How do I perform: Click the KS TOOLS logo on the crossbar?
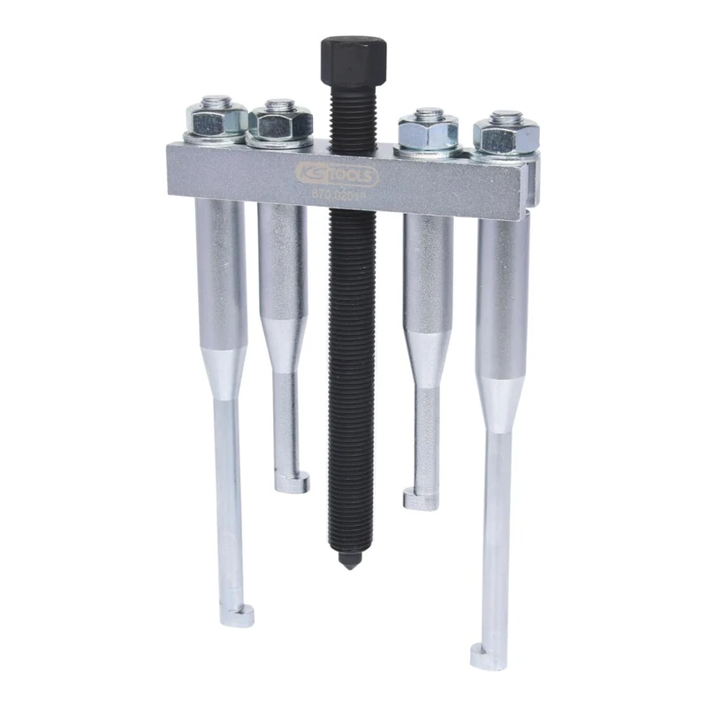[352, 172]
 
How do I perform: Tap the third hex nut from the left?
[429, 133]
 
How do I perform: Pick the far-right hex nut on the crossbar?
[506, 135]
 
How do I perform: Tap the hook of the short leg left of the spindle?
[292, 483]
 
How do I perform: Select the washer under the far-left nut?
[215, 138]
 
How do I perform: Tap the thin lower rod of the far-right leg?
[497, 530]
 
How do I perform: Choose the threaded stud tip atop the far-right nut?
[506, 115]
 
